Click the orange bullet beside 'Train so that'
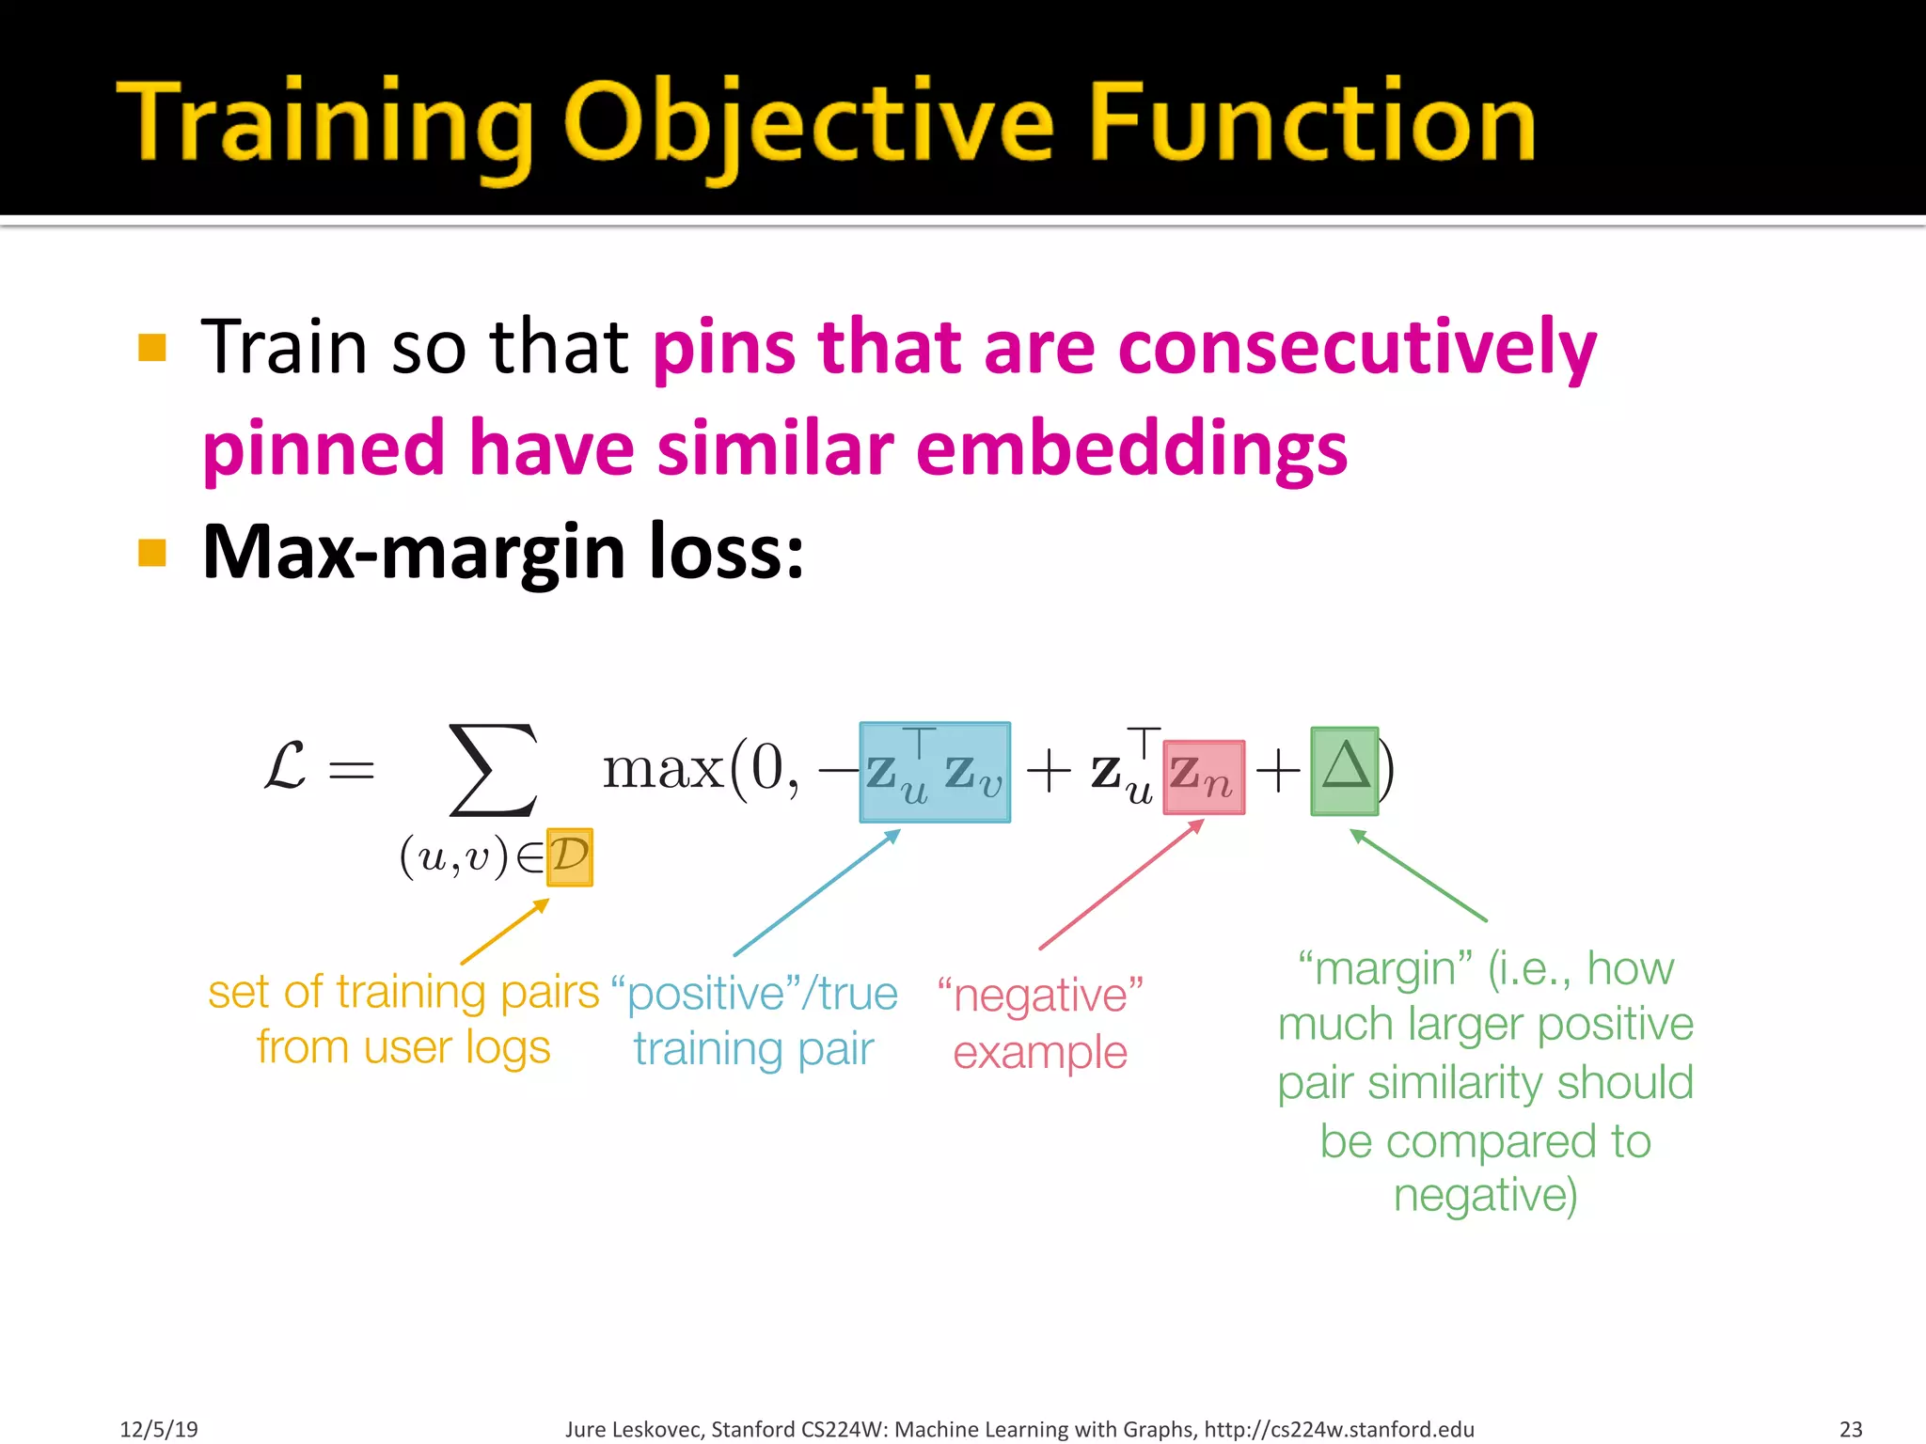pos(151,348)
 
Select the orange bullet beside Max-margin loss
pos(151,553)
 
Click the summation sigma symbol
pos(494,769)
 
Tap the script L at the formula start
pos(285,766)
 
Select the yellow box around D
pos(570,856)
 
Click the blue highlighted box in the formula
pos(935,773)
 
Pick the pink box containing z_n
pos(1204,777)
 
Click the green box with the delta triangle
pos(1344,771)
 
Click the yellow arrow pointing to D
pos(505,932)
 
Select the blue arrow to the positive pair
pos(816,893)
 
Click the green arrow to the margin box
pos(1418,875)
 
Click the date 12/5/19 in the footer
pos(159,1429)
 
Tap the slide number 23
pos(1851,1429)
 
